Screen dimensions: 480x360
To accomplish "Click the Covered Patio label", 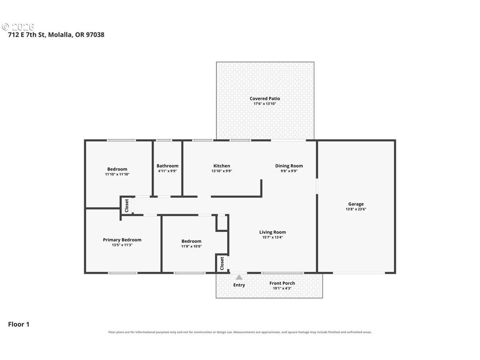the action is [x=265, y=98].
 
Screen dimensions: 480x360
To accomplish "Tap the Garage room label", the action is [x=356, y=204].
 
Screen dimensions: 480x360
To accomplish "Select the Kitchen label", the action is [x=222, y=166].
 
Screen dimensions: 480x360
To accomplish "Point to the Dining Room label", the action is [x=289, y=166].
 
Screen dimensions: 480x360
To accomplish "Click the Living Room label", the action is [x=272, y=232].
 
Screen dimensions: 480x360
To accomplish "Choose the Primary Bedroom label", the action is [x=122, y=240].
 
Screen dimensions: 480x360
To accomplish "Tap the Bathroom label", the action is [x=167, y=166].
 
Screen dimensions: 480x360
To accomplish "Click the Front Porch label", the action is [x=282, y=283].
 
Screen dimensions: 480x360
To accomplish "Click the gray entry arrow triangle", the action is [x=239, y=277].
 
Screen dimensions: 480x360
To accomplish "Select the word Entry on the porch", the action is [x=239, y=285].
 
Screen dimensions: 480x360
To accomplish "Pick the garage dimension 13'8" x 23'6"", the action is [x=356, y=209].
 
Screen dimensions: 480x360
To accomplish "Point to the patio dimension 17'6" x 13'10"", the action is [x=265, y=104].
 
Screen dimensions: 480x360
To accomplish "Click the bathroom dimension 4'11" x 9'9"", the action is [x=167, y=171].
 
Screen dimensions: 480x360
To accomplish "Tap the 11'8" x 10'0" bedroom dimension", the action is [x=191, y=246].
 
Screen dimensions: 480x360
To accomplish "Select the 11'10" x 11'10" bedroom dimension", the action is [x=117, y=174].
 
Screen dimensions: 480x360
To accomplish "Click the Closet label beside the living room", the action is [x=222, y=263].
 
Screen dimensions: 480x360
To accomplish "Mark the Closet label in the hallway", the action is [x=127, y=206].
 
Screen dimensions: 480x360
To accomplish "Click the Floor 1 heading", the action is [x=18, y=324].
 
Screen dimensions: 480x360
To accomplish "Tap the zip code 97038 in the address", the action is [x=95, y=34].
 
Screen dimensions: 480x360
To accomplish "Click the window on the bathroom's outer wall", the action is [x=164, y=140].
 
